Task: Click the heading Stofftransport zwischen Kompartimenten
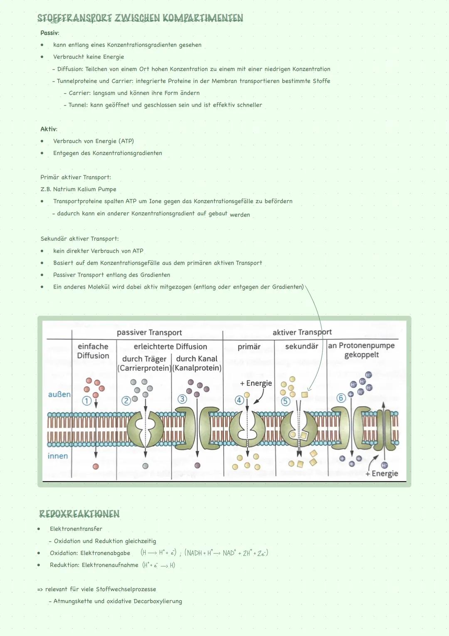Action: coord(140,18)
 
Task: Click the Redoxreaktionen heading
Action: coord(79,514)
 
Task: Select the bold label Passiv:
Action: coord(49,33)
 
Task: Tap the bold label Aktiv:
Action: coord(49,129)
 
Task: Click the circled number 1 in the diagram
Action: coord(86,401)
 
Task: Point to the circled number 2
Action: coord(126,401)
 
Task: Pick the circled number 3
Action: coord(182,399)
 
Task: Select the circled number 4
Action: coord(239,400)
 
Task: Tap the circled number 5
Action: coord(285,401)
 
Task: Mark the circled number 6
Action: coord(341,398)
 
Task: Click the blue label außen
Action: coord(59,394)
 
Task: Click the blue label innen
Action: coord(58,456)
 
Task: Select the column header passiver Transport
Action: coord(149,332)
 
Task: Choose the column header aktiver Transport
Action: coord(302,332)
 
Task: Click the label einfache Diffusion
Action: coord(93,351)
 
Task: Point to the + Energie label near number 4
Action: coord(256,383)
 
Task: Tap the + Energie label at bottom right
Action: coord(382,474)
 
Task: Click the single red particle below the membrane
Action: coord(96,466)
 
